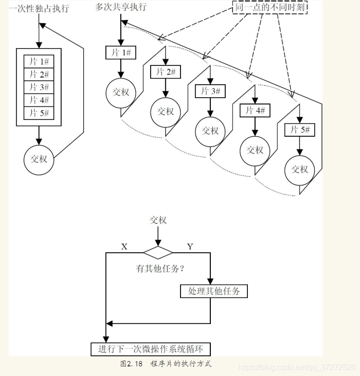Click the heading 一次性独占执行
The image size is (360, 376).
(x=39, y=8)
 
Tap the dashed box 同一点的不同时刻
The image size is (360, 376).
(x=270, y=8)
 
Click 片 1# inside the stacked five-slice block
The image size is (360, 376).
(x=39, y=61)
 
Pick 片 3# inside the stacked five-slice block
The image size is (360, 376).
(x=39, y=87)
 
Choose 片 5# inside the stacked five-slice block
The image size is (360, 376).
(x=39, y=113)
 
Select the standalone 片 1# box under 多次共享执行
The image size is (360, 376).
(x=121, y=52)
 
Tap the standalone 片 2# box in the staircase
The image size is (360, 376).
(x=166, y=72)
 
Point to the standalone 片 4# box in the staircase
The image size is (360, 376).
(x=255, y=111)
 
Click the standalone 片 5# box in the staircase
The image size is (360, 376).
(x=299, y=130)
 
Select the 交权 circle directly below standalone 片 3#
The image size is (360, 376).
(x=210, y=131)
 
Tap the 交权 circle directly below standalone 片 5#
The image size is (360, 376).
(x=299, y=169)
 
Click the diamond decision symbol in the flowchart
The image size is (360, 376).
(x=157, y=253)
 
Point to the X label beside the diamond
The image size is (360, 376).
(x=124, y=246)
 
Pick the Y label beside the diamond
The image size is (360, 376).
(x=190, y=246)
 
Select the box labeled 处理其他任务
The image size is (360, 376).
(x=214, y=291)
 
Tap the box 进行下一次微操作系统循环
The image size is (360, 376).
(x=151, y=349)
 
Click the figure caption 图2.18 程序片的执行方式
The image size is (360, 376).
(x=166, y=364)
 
